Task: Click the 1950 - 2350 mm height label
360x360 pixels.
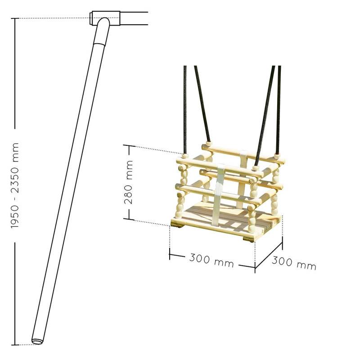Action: click(x=15, y=185)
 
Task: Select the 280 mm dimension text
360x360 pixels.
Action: click(x=129, y=182)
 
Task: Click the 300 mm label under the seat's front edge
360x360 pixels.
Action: click(x=211, y=261)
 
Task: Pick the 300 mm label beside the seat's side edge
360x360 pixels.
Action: click(x=294, y=263)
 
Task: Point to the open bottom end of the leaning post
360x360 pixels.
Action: click(x=37, y=341)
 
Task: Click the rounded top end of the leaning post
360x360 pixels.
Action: click(x=104, y=21)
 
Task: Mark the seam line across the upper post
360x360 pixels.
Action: click(x=99, y=45)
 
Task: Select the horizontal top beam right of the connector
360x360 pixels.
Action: click(x=134, y=18)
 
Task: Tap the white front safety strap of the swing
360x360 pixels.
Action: click(x=218, y=193)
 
